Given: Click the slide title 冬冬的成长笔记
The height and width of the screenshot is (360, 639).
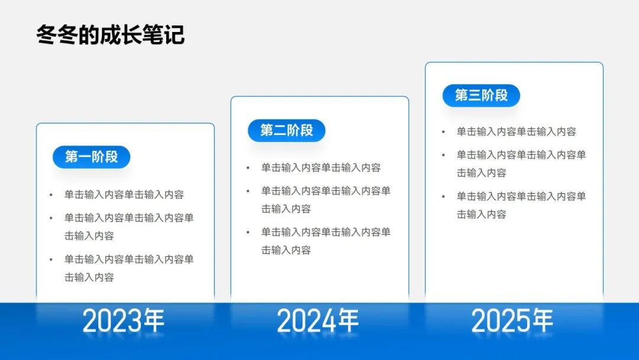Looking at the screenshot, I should tap(110, 34).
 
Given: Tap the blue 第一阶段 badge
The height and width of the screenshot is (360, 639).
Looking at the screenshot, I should tap(91, 157).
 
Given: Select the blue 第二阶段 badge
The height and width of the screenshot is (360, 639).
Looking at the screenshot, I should tap(286, 130).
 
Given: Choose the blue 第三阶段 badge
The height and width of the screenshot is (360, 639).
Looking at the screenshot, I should tap(481, 95).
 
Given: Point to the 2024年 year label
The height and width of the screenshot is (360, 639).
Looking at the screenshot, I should tap(318, 321).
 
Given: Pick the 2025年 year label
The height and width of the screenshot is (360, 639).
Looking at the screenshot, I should tap(512, 321).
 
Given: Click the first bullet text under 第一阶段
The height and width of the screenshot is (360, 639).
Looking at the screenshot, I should tap(124, 195).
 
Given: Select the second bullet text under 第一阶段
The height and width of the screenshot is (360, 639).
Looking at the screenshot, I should tap(128, 227).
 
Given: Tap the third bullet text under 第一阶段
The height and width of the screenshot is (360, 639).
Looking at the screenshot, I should tap(128, 268).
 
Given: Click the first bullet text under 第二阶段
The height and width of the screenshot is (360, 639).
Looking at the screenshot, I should tap(321, 168).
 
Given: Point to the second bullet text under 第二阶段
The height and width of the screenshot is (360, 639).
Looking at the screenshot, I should tap(325, 200).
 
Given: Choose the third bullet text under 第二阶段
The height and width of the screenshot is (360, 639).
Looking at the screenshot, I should tap(325, 241).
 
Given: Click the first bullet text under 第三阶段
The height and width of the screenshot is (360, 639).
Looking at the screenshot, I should tap(516, 132).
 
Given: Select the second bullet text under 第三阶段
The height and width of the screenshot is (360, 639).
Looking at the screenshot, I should tap(521, 164).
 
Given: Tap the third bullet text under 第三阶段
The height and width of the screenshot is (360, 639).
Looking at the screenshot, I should tap(521, 205).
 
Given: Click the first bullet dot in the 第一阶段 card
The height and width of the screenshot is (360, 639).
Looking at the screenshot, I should tap(51, 195).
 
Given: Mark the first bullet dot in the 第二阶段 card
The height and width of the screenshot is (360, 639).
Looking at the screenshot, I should tap(248, 168).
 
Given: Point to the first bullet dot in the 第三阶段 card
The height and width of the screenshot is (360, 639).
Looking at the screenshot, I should tap(443, 132).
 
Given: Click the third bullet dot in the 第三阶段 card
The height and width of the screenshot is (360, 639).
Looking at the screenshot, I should tap(443, 197).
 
